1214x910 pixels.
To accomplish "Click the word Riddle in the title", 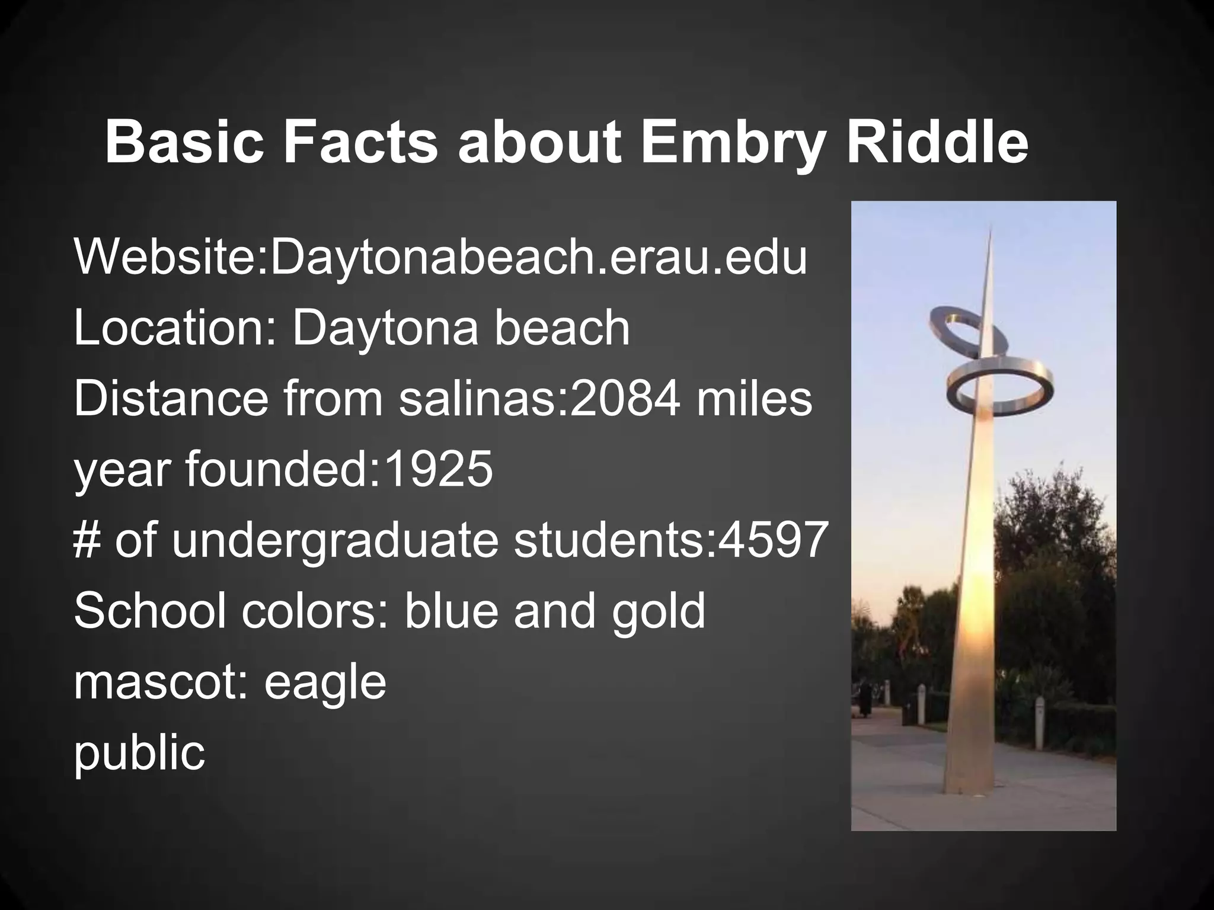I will pyautogui.click(x=937, y=143).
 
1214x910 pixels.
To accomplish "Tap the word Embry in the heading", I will pyautogui.click(x=731, y=143).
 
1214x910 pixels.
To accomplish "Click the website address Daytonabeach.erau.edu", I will pyautogui.click(x=538, y=258).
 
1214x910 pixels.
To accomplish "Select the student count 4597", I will pyautogui.click(x=772, y=540).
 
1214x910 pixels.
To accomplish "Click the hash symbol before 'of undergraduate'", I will pyautogui.click(x=87, y=540).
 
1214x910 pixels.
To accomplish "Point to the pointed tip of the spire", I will pyautogui.click(x=990, y=228).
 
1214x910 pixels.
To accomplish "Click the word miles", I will pyautogui.click(x=754, y=399).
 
